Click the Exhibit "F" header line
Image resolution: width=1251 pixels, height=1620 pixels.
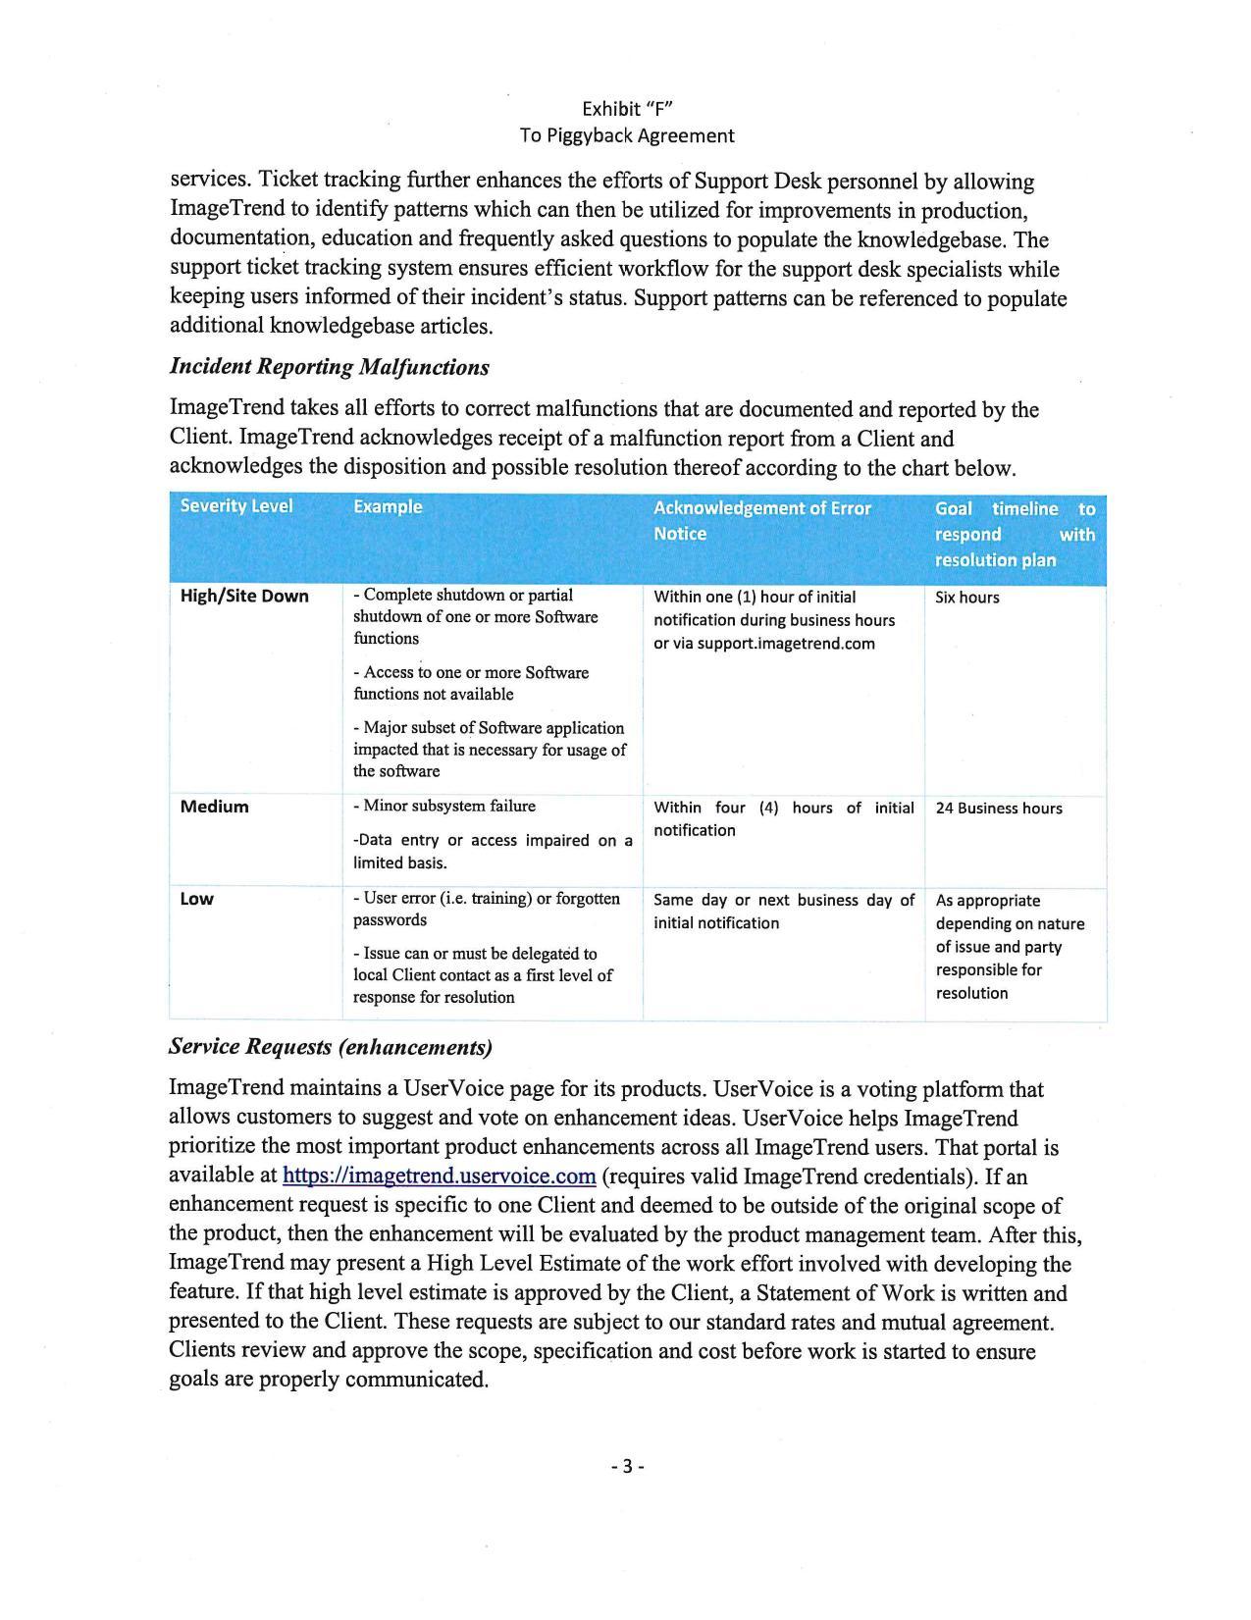pos(626,108)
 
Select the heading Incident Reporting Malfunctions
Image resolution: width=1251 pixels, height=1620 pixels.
pos(329,367)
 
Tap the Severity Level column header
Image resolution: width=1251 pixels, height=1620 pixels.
pos(236,506)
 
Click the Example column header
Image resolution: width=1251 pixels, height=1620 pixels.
pos(388,507)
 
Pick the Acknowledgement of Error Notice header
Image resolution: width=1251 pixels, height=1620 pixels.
pos(761,521)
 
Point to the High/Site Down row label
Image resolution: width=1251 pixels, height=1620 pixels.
pos(244,597)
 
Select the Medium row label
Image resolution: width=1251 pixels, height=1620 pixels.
pos(215,808)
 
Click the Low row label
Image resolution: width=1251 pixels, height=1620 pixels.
pos(197,899)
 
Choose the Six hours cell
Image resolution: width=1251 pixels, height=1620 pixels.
pos(967,598)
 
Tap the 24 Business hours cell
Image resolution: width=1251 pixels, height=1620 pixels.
pos(999,809)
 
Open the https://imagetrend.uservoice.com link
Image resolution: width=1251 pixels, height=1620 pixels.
pos(439,1176)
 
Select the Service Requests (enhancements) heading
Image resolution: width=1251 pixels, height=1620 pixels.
pos(331,1047)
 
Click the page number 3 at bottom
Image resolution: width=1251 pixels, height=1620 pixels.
pos(626,1467)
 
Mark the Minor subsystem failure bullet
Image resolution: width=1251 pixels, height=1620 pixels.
pos(444,807)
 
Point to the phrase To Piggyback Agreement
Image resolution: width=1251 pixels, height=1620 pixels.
pos(626,135)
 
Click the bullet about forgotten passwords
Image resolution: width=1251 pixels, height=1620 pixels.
pos(487,909)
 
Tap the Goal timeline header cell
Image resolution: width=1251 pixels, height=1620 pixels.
pos(1015,534)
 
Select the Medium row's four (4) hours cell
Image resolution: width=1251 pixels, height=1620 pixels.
pos(783,818)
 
